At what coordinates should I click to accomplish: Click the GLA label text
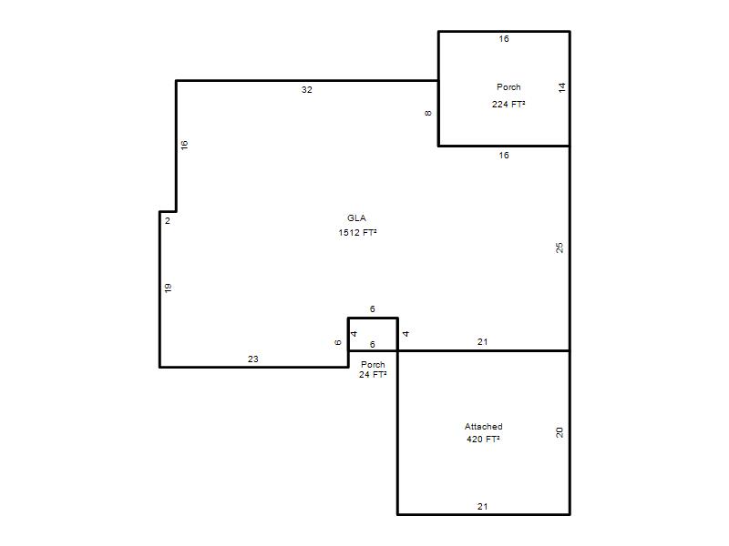(356, 217)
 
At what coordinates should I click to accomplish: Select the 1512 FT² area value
(357, 232)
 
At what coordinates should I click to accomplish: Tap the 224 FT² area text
(508, 104)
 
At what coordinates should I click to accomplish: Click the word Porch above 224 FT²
(508, 86)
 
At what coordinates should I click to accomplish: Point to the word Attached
(484, 426)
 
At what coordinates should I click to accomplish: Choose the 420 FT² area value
(484, 439)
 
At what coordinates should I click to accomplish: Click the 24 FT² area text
(373, 374)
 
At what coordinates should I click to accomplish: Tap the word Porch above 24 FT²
(373, 365)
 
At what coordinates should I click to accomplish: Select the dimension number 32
(307, 89)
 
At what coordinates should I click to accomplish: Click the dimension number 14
(561, 87)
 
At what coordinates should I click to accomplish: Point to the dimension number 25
(560, 248)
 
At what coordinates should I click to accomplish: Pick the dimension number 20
(560, 432)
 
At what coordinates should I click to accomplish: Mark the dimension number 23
(253, 359)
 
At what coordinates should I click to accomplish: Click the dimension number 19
(168, 288)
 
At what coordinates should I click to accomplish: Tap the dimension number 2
(168, 221)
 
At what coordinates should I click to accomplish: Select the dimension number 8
(428, 113)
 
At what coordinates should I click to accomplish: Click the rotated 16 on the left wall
(184, 145)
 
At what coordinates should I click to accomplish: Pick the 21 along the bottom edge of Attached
(483, 507)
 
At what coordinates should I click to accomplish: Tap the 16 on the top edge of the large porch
(504, 39)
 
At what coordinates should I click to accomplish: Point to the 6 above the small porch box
(373, 308)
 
